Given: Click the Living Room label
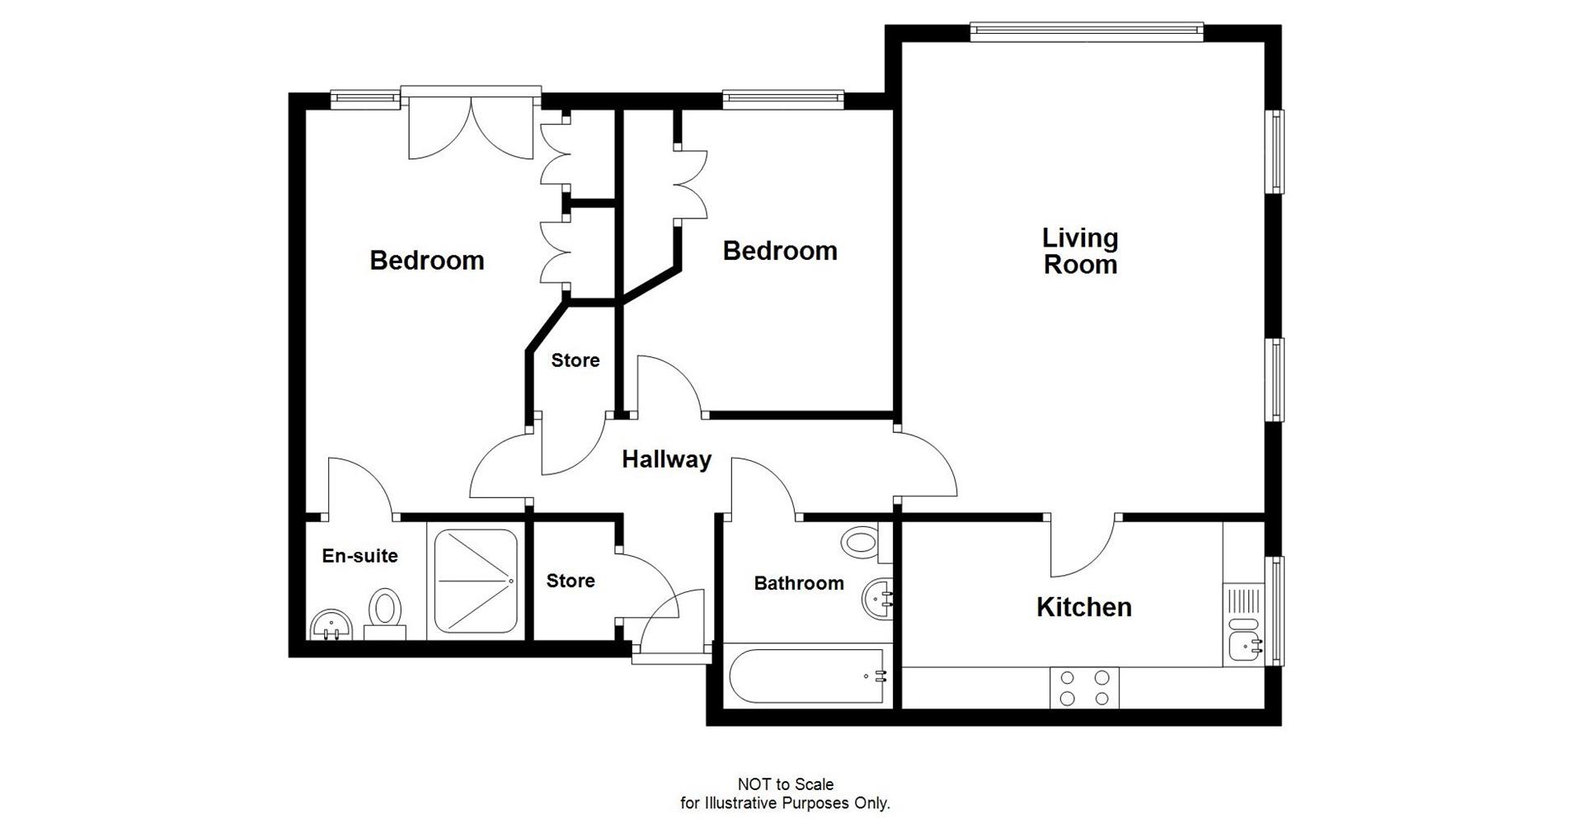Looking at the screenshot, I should point(1080,251).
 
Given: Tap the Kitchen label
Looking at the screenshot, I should point(1083,607).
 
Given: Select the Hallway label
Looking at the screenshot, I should point(666,459).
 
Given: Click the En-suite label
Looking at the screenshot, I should point(359,556).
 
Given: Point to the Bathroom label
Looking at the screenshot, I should point(799,583).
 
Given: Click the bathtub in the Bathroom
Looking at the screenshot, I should point(807,676).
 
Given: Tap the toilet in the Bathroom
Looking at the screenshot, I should point(862,543).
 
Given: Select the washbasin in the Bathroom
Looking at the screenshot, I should point(877,597).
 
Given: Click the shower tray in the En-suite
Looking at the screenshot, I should point(476,581).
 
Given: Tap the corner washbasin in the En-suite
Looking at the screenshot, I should point(331,626).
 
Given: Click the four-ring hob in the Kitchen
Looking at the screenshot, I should point(1084,688).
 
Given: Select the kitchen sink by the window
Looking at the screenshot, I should point(1243,645).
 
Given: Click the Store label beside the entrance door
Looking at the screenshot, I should point(571,581).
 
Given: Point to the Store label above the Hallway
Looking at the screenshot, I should point(575,360).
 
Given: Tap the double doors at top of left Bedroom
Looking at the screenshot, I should point(470,128).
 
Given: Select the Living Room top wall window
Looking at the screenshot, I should point(1086,31).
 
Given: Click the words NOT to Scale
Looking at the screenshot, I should point(785,784).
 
